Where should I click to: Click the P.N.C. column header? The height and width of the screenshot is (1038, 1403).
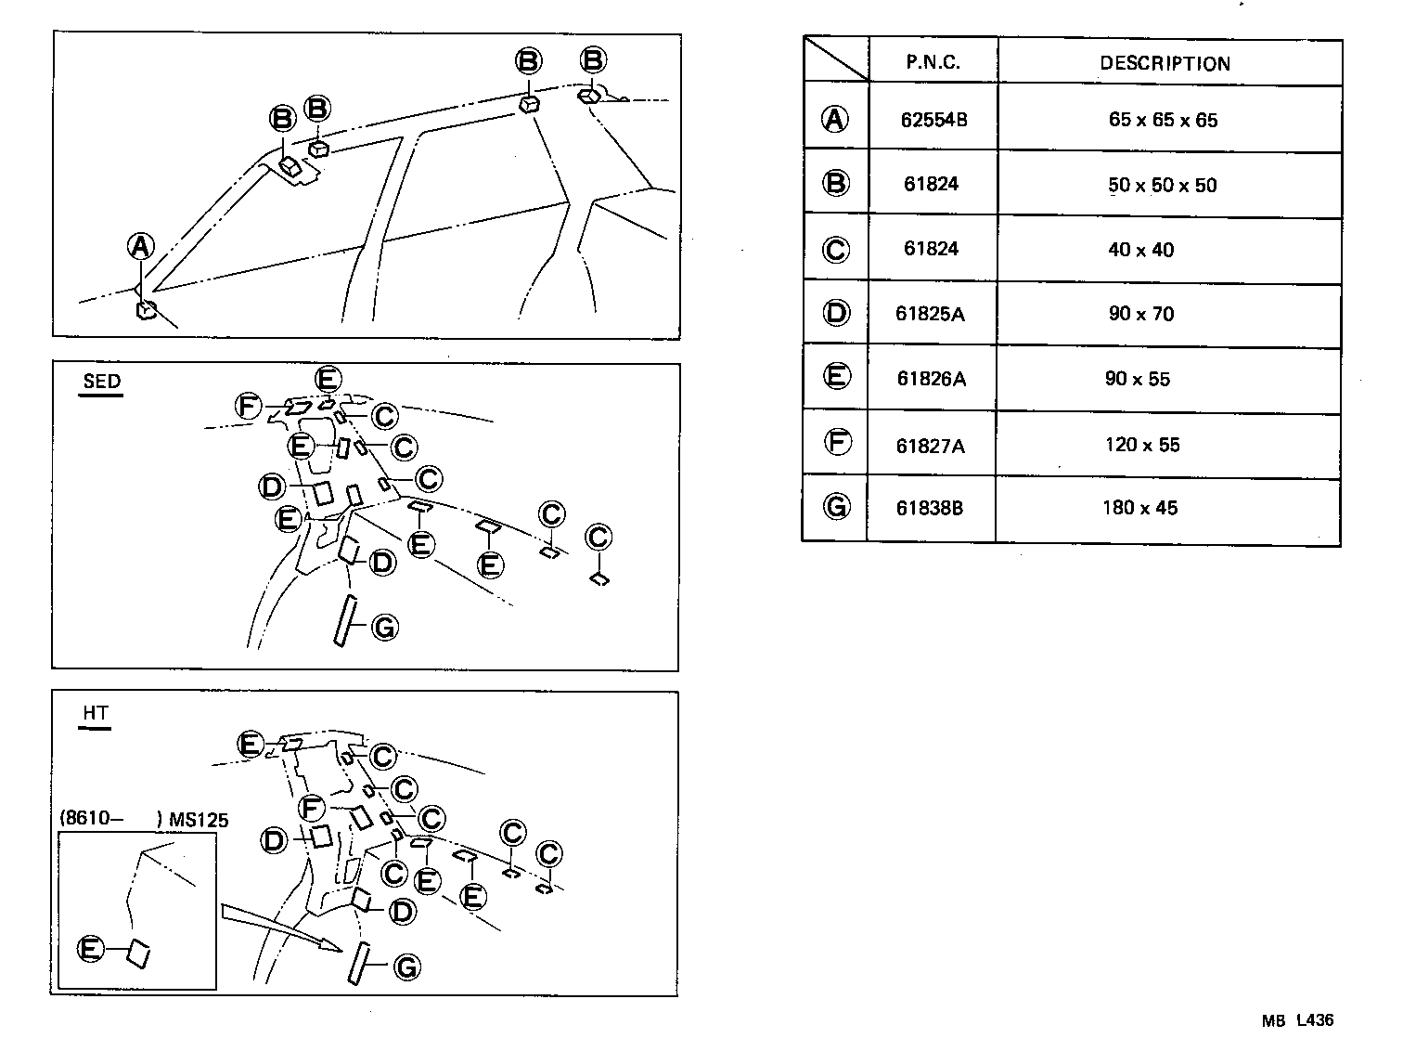tap(933, 63)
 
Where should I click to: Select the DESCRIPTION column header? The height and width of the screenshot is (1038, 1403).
tap(1165, 63)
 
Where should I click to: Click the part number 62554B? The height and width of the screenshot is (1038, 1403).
tap(933, 120)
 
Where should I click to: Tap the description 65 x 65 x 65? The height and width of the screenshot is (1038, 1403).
tap(1163, 120)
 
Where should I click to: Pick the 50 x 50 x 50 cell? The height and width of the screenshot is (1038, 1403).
tap(1162, 185)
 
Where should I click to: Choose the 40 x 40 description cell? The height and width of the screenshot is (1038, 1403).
tap(1140, 250)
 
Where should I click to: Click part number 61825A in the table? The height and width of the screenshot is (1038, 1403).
tap(930, 314)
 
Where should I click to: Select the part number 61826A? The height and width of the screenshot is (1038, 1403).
tap(931, 379)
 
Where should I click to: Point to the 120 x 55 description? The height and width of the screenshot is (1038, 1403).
tap(1142, 445)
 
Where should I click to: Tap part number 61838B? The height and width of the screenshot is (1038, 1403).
tap(930, 508)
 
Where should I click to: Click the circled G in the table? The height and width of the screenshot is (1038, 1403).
tap(836, 507)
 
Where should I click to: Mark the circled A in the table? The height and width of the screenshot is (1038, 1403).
tap(835, 119)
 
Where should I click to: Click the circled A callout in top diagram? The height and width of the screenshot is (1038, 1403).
tap(140, 247)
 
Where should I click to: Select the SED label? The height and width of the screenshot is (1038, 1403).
tap(101, 382)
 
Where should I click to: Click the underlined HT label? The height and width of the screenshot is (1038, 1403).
tap(96, 713)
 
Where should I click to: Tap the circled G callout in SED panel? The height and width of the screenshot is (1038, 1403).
tap(383, 628)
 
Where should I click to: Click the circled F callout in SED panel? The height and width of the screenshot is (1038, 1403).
tap(248, 406)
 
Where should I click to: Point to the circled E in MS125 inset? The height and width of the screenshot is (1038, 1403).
tap(91, 949)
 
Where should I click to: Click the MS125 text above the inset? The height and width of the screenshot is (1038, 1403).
tap(199, 820)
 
